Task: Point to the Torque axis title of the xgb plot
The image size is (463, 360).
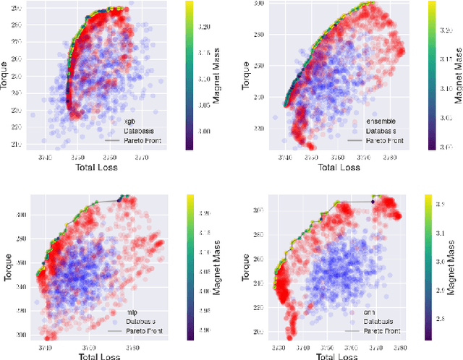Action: (7, 75)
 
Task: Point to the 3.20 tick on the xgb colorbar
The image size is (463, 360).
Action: (203, 27)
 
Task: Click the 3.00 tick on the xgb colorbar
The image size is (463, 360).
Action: (203, 132)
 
